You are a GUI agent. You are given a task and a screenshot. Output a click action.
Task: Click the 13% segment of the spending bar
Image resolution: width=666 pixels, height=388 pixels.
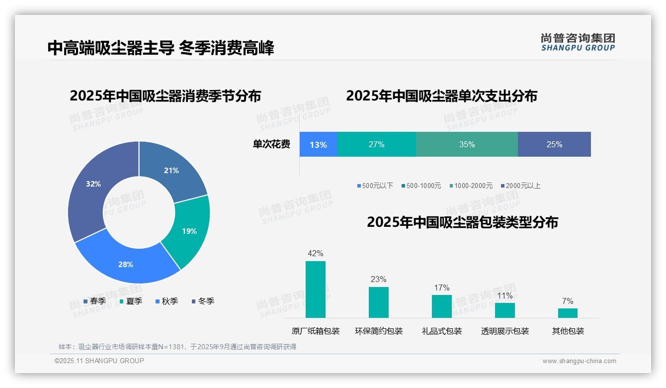318,144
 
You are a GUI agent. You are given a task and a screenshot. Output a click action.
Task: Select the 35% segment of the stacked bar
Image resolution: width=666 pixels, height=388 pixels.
467,144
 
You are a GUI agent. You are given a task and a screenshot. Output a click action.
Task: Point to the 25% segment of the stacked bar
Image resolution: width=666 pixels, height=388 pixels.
554,144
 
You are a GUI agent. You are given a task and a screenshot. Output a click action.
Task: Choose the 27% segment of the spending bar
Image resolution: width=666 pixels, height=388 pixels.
376,144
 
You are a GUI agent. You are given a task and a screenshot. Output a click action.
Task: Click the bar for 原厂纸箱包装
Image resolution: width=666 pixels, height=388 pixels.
315,290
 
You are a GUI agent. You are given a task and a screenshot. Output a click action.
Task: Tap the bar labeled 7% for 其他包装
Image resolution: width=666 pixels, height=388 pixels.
568,313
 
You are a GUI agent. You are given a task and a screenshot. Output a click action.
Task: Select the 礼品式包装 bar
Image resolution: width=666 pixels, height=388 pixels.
441,306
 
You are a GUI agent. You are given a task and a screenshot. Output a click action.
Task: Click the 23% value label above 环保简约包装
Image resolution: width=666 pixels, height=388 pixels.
378,280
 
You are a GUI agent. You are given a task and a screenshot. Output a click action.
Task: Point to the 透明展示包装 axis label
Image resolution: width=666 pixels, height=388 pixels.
504,331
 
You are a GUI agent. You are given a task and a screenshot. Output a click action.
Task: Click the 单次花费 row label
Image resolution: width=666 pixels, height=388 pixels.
271,144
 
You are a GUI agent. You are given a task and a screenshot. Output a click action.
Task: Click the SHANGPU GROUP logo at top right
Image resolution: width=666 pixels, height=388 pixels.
578,42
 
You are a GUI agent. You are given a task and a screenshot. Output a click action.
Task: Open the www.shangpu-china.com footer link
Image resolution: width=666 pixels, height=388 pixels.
579,361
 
